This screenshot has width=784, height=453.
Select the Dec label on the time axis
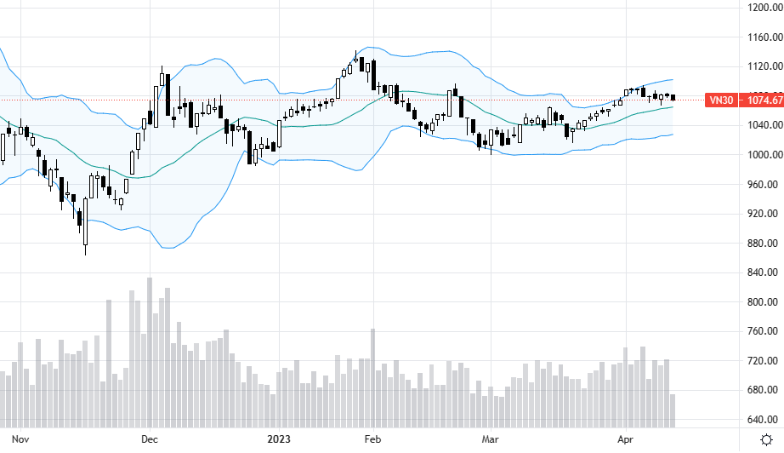click(x=150, y=439)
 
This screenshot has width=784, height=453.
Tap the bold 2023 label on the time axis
click(x=279, y=439)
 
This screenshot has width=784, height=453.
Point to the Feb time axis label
click(x=372, y=439)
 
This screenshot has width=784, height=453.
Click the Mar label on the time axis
click(x=490, y=439)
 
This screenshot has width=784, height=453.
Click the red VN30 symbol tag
click(x=721, y=100)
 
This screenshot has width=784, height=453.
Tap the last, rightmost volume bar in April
click(x=673, y=410)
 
